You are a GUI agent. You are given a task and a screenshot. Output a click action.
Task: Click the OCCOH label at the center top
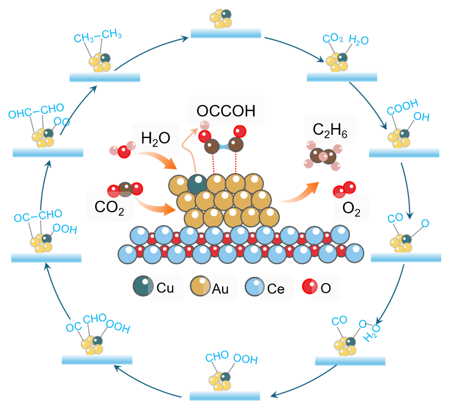[226, 111]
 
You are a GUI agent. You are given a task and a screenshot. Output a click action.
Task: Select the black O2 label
[351, 209]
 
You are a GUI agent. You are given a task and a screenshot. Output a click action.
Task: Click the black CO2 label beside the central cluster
[109, 207]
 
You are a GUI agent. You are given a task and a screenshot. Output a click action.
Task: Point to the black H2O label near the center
[155, 138]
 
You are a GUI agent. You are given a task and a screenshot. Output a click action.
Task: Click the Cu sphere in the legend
[143, 286]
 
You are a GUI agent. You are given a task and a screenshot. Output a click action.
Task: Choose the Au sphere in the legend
[200, 286]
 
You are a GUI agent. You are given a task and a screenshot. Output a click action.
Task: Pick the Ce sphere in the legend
[255, 286]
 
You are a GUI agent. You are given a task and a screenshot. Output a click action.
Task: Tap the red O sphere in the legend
[309, 286]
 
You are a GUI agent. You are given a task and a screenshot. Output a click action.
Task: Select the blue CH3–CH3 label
[98, 36]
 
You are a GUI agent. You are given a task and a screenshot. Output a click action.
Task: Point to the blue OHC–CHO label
[36, 111]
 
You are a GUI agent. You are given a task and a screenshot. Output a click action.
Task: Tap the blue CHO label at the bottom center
[217, 356]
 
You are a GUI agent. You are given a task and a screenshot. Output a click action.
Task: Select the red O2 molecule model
[345, 190]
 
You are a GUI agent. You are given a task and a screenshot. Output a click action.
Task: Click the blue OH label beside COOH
[421, 117]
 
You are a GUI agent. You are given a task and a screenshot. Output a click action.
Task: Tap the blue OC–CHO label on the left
[38, 216]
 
